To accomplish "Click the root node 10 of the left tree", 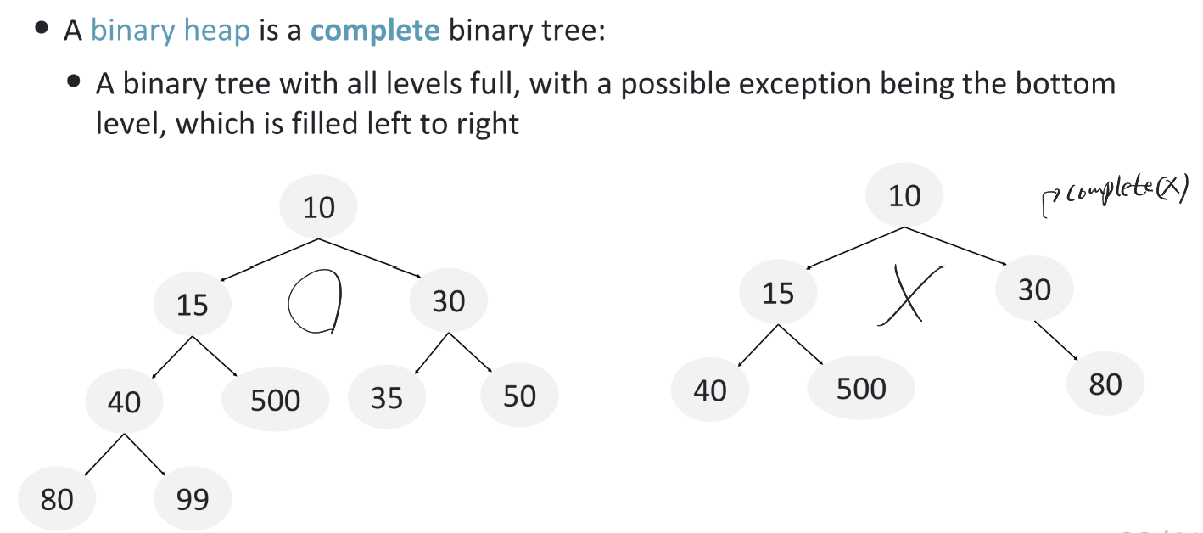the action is pyautogui.click(x=319, y=207).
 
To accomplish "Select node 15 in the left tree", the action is pyautogui.click(x=193, y=303).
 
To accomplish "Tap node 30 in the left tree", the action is pyautogui.click(x=449, y=300).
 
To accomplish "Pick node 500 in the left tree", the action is pyautogui.click(x=276, y=399).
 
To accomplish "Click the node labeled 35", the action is pyautogui.click(x=387, y=396).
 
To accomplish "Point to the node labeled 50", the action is pyautogui.click(x=519, y=396).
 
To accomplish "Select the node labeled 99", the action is pyautogui.click(x=193, y=499).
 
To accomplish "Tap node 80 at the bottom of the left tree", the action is pyautogui.click(x=57, y=499).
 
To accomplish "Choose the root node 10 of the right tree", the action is pyautogui.click(x=904, y=196).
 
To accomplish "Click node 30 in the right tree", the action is pyautogui.click(x=1034, y=290).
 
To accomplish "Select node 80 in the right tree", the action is pyautogui.click(x=1105, y=384).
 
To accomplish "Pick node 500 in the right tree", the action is pyautogui.click(x=861, y=389).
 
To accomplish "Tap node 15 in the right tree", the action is pyautogui.click(x=778, y=293).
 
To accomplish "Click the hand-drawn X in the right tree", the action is pyautogui.click(x=906, y=294).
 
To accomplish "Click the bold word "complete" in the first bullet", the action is pyautogui.click(x=375, y=31).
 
